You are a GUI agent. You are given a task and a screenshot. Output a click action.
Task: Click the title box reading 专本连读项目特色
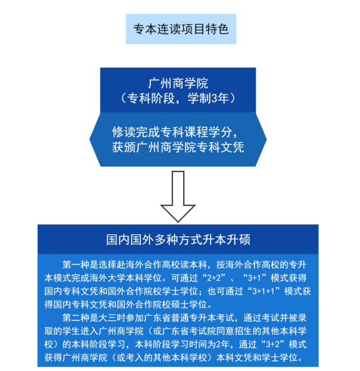tap(181, 29)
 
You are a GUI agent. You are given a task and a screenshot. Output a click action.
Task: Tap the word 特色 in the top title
tap(217, 29)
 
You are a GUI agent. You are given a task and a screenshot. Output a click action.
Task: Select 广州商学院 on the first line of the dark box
tap(178, 83)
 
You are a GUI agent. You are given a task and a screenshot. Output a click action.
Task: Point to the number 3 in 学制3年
tap(214, 98)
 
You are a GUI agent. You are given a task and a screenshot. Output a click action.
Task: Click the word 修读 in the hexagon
tap(124, 132)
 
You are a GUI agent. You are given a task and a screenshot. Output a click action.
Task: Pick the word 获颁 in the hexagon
tap(124, 147)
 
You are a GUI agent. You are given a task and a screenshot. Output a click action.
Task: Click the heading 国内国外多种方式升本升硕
tap(178, 240)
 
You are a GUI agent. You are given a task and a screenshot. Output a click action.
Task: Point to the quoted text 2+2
tap(214, 278)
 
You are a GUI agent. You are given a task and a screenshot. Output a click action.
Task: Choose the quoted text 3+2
tap(273, 344)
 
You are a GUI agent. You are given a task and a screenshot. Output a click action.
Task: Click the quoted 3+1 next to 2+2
tap(254, 278)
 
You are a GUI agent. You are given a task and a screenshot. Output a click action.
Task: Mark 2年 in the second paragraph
tap(224, 344)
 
